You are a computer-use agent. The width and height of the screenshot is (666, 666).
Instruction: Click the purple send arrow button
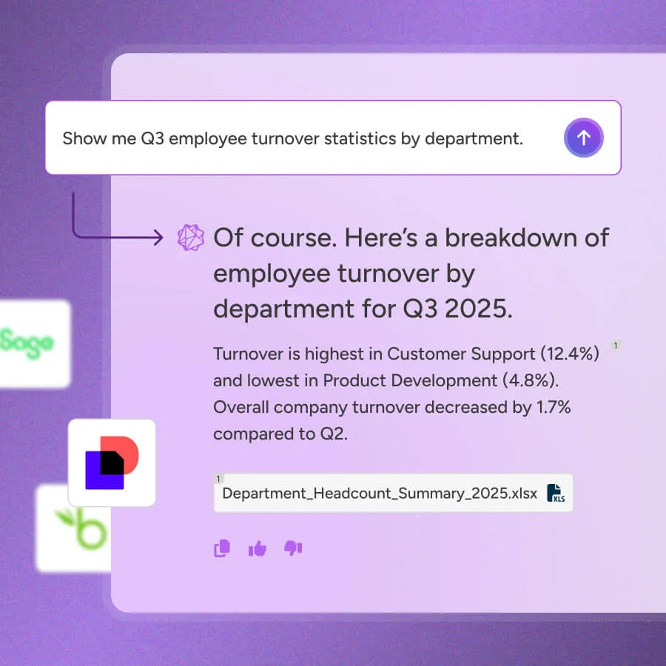click(x=583, y=138)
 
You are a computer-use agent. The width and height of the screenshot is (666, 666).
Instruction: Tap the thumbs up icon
click(x=258, y=548)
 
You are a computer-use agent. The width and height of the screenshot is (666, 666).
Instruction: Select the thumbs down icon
click(x=293, y=548)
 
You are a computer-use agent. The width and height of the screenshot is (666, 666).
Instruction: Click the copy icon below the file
click(x=221, y=548)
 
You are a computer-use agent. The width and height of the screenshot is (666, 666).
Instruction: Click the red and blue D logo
click(x=112, y=462)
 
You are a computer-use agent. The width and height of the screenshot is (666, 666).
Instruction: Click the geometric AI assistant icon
click(x=190, y=238)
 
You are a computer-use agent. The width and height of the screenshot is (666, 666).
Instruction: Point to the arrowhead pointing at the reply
click(x=157, y=238)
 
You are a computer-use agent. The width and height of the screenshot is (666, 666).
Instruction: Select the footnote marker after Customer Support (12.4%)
click(x=616, y=345)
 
